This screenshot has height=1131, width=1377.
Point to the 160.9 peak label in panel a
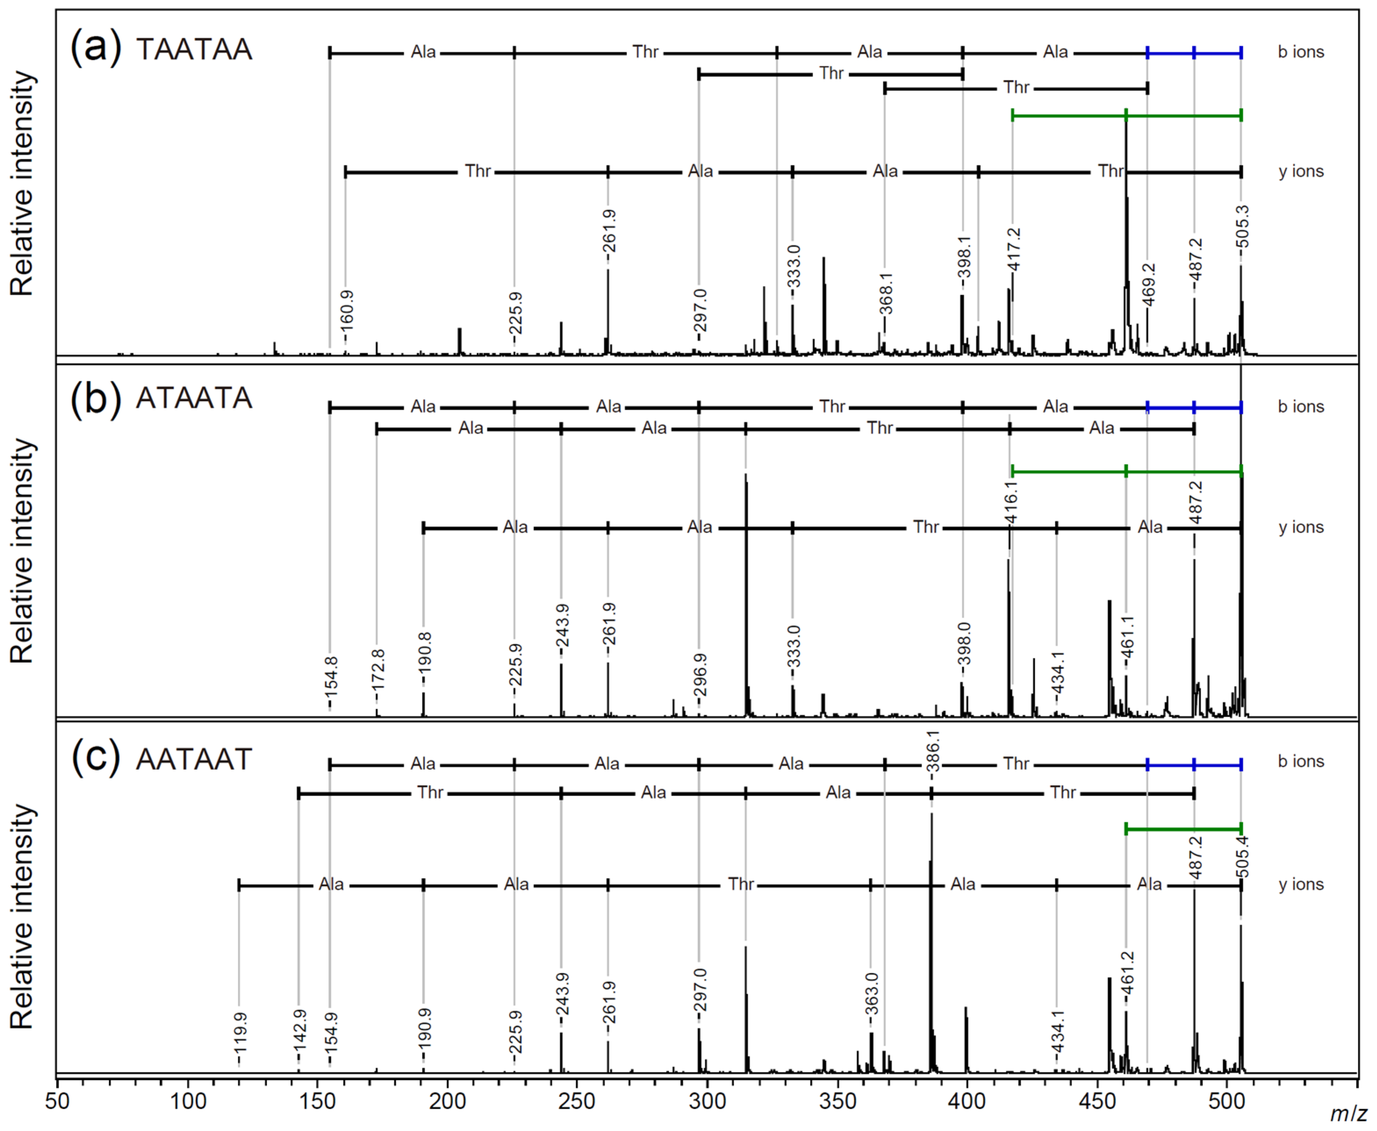tap(347, 308)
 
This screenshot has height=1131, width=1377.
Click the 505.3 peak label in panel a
tap(1242, 227)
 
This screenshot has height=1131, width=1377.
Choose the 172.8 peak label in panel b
tap(377, 669)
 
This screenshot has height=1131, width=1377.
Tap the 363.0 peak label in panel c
tap(872, 994)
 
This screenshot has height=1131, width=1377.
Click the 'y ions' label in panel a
tap(1301, 171)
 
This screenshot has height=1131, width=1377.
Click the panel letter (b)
tap(95, 398)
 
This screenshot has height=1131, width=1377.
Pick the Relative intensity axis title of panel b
tap(21, 550)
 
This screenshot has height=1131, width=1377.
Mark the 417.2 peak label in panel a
tap(1014, 250)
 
